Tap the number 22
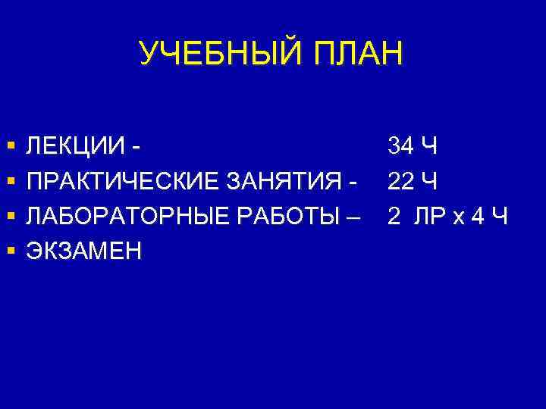tap(400, 182)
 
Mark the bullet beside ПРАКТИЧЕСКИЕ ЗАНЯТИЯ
tap(11, 182)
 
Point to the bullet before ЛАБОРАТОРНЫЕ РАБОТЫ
tap(11, 217)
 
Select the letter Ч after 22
tap(428, 182)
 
